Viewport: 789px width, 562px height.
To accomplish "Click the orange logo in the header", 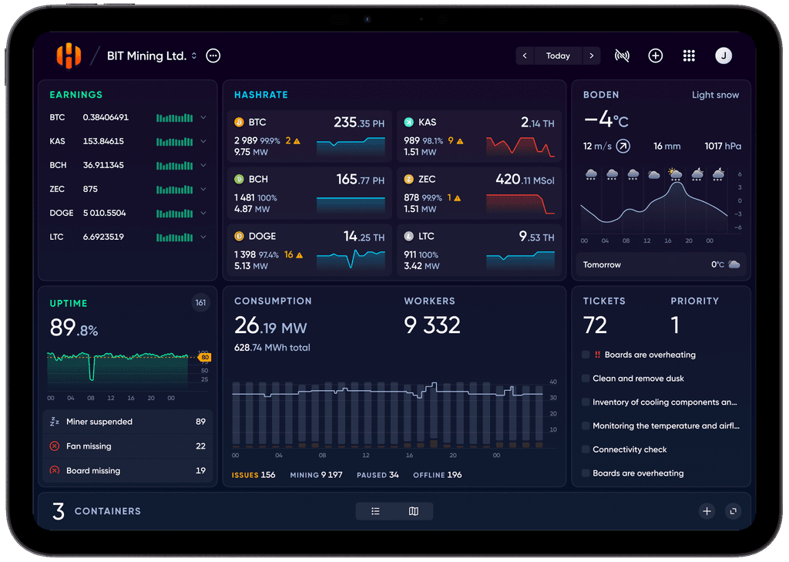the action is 69,56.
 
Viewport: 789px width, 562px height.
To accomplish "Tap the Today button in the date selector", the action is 558,56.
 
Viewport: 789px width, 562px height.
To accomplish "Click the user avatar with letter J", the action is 724,56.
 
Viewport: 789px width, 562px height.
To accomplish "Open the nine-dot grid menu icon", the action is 689,56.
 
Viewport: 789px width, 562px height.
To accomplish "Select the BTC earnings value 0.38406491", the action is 106,117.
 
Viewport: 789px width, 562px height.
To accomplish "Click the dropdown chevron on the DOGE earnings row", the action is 203,213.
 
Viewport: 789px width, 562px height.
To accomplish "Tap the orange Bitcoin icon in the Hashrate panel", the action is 239,123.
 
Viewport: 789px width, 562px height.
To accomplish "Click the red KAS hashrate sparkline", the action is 520,146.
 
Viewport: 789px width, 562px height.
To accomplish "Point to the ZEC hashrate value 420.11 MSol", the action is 525,180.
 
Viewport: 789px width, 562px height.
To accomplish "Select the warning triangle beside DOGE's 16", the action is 300,255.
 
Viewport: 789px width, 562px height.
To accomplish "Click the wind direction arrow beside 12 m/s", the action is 623,146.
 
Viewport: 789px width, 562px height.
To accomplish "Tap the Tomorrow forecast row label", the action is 602,265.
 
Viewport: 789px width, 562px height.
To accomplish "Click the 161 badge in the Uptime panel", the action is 201,303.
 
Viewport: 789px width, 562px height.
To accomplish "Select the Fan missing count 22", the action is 200,446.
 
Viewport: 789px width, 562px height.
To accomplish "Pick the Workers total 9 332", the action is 431,325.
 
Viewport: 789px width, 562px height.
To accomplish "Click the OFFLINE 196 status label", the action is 438,475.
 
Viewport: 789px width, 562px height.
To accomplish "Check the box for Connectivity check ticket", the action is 586,449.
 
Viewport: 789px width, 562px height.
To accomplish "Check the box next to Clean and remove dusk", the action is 586,379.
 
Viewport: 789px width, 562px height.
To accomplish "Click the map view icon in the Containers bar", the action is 414,511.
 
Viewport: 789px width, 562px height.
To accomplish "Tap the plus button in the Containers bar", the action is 707,511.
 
